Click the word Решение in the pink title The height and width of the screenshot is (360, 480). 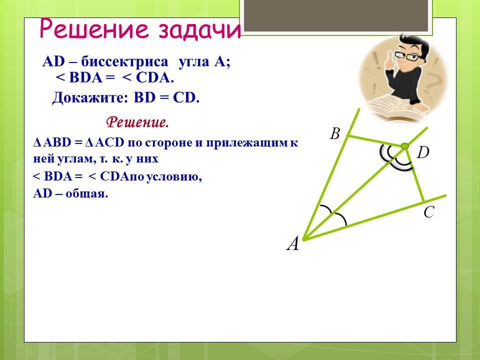pos(95,29)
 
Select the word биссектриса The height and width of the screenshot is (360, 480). pos(124,61)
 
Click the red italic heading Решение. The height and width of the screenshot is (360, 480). pos(137,123)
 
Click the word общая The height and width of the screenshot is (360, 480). pos(86,194)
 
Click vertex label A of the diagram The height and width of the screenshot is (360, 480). pos(292,244)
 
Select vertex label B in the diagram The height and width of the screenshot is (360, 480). pos(335,133)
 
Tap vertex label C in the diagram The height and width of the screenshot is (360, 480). pos(429,212)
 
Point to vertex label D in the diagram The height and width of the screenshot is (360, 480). pos(423,152)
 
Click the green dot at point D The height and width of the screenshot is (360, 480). pos(404,146)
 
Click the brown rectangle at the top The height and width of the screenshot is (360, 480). pos(336,15)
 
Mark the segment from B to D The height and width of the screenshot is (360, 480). pos(375,141)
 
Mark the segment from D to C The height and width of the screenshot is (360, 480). pos(414,174)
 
